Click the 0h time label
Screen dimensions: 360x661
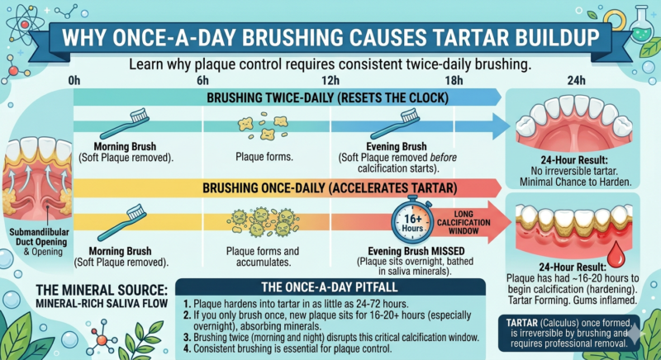tap(74, 80)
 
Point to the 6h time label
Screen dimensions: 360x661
tap(202, 80)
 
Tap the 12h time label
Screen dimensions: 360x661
tap(330, 80)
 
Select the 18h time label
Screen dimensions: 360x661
tap(454, 80)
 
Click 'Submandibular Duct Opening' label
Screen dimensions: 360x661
tap(37, 233)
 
